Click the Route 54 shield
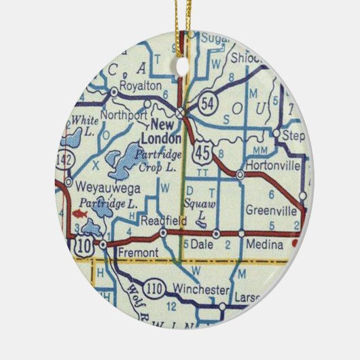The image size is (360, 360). (x=209, y=102)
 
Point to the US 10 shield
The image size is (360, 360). (x=82, y=242)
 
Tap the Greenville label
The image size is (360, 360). (x=270, y=210)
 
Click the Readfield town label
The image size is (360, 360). (x=157, y=221)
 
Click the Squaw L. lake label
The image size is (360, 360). (x=197, y=211)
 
